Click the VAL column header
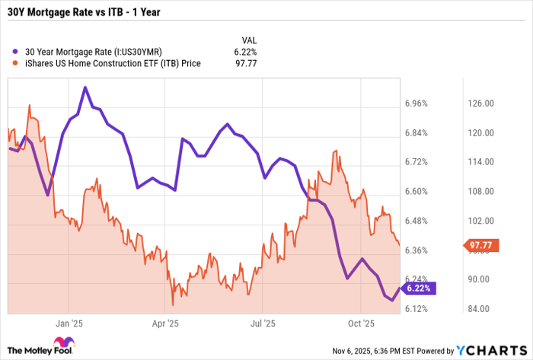click(x=248, y=40)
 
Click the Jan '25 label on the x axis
click(x=69, y=323)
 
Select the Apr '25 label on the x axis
click(x=165, y=323)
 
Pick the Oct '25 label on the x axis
click(x=358, y=323)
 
